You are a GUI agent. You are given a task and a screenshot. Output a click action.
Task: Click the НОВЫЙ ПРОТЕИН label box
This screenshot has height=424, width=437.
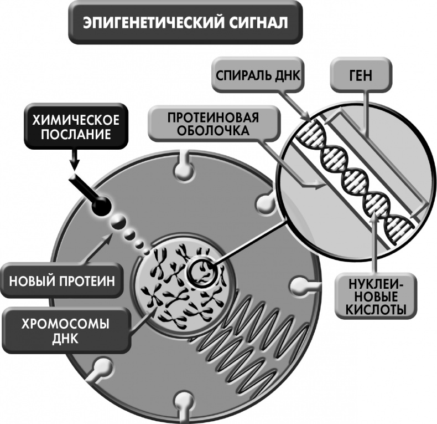click(61, 280)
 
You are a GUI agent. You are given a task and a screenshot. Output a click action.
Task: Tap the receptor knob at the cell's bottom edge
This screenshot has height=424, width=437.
click(182, 402)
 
